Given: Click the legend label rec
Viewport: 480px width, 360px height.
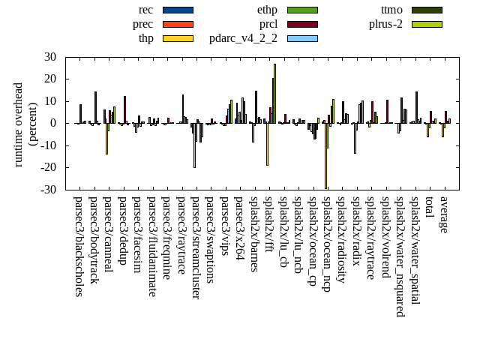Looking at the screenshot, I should (146, 10).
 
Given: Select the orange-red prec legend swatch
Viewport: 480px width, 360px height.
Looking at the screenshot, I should (178, 24).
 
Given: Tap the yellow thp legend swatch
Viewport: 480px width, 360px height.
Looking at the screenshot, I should (178, 38).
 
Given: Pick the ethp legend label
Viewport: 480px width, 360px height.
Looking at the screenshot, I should (267, 10).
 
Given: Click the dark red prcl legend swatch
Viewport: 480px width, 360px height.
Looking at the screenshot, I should (302, 24).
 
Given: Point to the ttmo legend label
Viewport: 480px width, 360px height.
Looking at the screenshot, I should (391, 10).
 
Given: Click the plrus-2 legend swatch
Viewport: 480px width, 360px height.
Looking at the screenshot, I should (426, 24).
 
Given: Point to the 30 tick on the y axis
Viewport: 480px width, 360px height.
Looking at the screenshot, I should (50, 57).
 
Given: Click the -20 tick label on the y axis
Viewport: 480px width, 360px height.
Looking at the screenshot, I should (48, 168).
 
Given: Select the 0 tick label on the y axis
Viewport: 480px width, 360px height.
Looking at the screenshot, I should (53, 124).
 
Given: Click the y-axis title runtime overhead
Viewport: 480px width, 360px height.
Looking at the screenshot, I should (19, 124).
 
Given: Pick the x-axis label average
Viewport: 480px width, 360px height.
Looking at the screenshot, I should (445, 214).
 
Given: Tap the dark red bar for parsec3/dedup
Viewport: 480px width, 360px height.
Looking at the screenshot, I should (125, 109).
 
